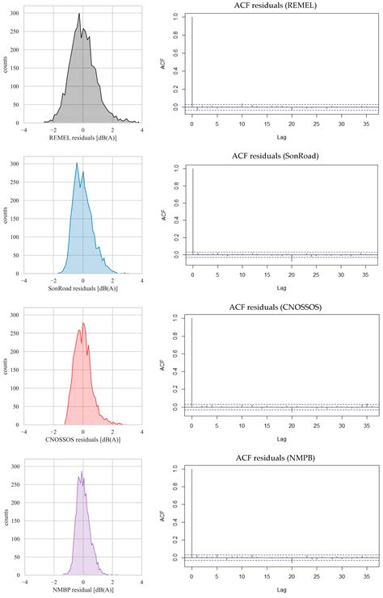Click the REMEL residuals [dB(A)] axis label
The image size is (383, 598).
(x=83, y=139)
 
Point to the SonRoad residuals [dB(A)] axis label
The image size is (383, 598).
(x=83, y=288)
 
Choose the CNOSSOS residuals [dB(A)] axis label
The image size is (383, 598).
(x=83, y=438)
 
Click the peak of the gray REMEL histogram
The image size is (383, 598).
(x=79, y=15)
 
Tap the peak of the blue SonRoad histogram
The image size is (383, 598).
(x=77, y=164)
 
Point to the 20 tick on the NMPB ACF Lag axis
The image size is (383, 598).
(x=292, y=568)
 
